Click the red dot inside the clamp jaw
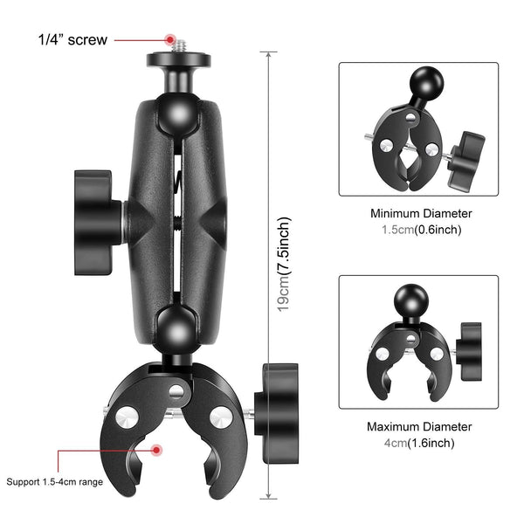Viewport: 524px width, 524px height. coord(157,450)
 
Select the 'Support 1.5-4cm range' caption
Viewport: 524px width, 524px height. coord(55,481)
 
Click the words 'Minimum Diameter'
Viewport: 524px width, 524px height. coord(421,213)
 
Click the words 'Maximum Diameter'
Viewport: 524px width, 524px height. coord(420,427)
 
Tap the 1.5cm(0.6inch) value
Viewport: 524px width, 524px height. coord(421,230)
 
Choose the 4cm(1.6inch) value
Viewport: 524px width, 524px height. coord(421,443)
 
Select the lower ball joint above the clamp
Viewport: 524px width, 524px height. coord(178,331)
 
